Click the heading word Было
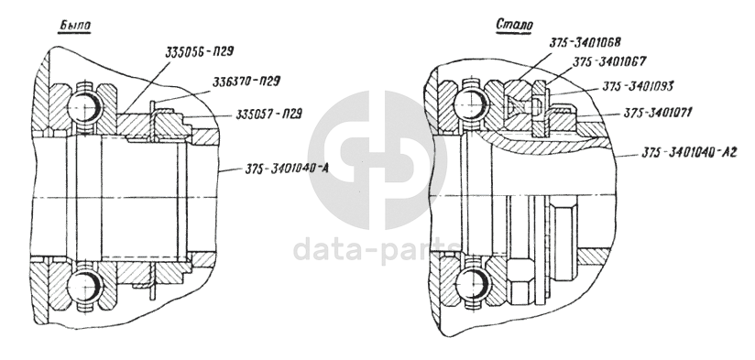point(74,26)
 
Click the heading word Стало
point(515,24)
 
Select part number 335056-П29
point(200,51)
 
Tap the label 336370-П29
point(246,82)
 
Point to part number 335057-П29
point(268,115)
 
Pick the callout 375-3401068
point(585,42)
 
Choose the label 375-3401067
point(609,61)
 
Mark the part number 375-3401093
point(638,86)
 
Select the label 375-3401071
point(658,113)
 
